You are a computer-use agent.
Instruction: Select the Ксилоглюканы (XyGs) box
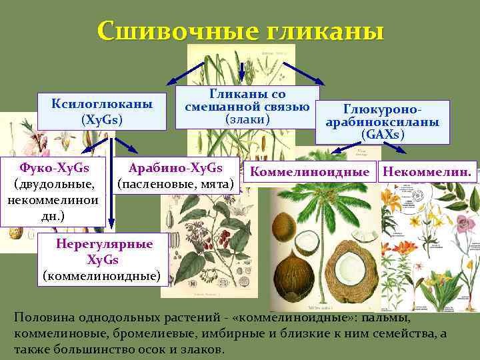[x=102, y=111]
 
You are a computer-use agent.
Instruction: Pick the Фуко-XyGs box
[x=54, y=181]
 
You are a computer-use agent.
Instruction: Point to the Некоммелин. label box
[x=429, y=171]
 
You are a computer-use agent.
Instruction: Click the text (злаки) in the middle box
[x=247, y=119]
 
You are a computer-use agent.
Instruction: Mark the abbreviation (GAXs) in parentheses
[x=383, y=134]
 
